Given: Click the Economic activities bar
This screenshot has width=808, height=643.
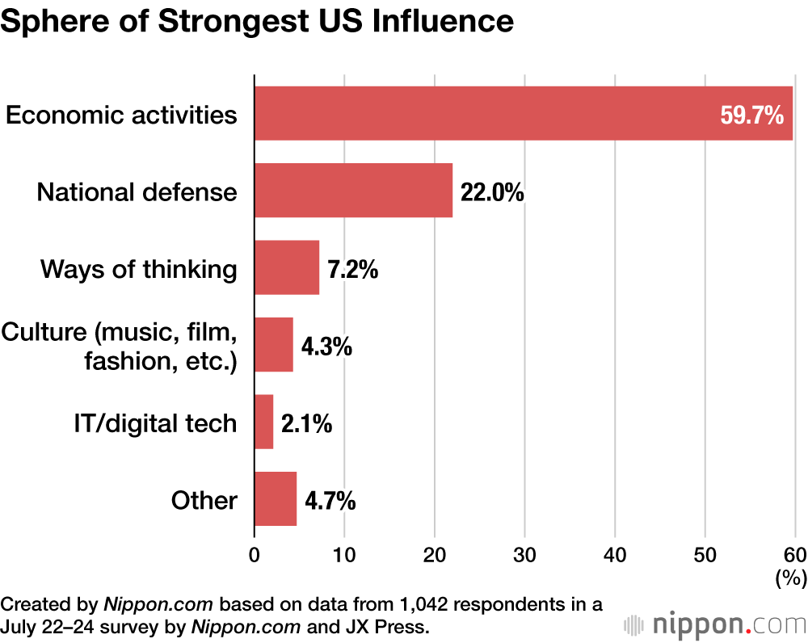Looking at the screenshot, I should [x=485, y=114].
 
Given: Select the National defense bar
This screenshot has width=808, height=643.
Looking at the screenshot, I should [x=353, y=191].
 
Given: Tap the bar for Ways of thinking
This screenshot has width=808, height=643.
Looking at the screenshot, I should [x=287, y=267].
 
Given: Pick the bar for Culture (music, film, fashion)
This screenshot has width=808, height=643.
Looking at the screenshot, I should [x=274, y=345].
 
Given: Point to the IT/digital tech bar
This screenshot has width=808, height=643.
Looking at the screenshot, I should [x=264, y=422].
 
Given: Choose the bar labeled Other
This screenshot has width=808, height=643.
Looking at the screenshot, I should [x=276, y=499].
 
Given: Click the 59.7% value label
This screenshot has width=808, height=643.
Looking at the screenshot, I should [x=751, y=116].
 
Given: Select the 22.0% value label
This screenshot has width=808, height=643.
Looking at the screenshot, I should [x=492, y=192].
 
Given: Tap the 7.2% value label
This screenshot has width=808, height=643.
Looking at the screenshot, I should [x=353, y=269].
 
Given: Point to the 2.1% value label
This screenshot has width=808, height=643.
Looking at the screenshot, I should [x=306, y=423].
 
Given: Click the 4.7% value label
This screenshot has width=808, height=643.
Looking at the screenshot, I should [x=330, y=501].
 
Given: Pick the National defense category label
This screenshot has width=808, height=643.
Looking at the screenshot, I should [x=137, y=192].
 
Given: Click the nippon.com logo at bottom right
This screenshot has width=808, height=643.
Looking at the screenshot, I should [x=715, y=624].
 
